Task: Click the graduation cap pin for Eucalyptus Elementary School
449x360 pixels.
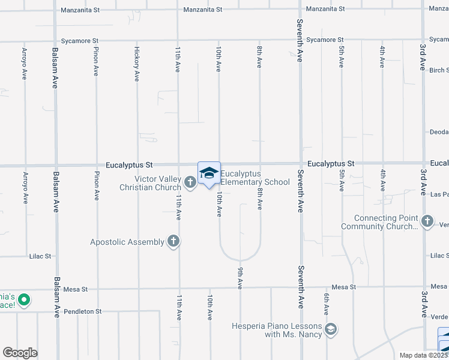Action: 209,173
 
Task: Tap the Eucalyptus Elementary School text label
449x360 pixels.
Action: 255,178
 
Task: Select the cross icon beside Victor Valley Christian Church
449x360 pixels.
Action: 190,182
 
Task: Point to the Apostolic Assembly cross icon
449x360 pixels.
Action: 173,242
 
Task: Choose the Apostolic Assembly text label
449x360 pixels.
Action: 127,242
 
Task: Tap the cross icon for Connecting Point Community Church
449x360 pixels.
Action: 427,221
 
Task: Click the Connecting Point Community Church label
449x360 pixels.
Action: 380,222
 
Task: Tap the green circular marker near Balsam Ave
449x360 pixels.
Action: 24,299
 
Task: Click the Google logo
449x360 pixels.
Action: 20,353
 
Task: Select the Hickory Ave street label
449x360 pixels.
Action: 137,64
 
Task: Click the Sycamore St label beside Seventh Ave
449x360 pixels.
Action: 324,40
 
